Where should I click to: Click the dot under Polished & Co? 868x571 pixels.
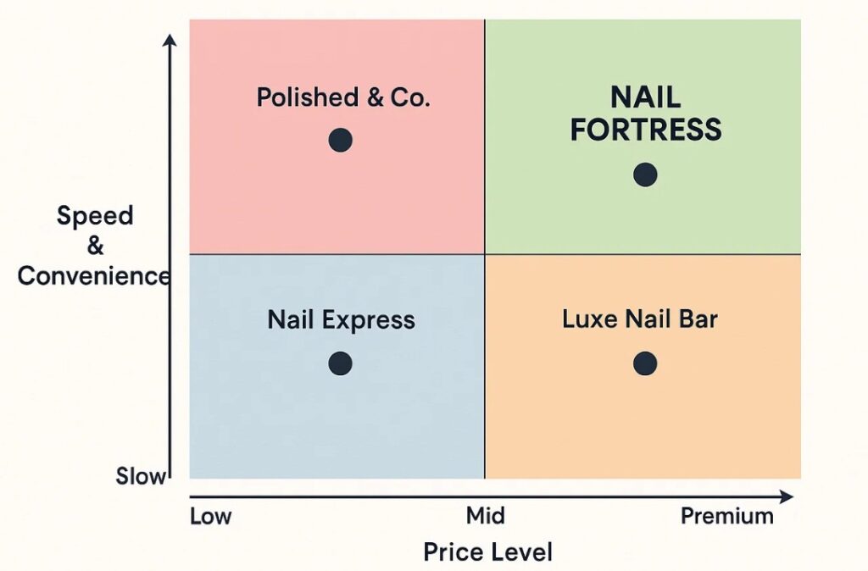[x=340, y=141]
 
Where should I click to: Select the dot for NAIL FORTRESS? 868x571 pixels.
[x=645, y=175]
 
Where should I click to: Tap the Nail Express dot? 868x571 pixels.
[x=340, y=363]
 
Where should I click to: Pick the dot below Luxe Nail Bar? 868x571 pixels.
[x=645, y=363]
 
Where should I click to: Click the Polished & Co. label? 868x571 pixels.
[x=343, y=97]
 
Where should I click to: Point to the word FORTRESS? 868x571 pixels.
[x=646, y=130]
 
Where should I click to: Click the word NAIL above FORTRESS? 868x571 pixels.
[x=646, y=97]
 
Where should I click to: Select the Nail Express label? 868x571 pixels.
[x=342, y=320]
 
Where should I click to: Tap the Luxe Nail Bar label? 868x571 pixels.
[x=640, y=319]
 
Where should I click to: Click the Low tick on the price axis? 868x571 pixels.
[x=210, y=516]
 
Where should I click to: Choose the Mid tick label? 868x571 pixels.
[x=485, y=516]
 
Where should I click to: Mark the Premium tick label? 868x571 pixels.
[x=727, y=516]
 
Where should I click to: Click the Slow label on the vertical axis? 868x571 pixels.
[x=141, y=476]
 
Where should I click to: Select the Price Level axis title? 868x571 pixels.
[x=487, y=553]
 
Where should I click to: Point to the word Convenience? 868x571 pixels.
[x=94, y=276]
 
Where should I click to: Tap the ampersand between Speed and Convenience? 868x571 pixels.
[x=95, y=246]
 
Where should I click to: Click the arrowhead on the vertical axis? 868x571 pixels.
[x=171, y=41]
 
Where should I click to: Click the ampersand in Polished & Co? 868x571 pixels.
[x=374, y=97]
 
